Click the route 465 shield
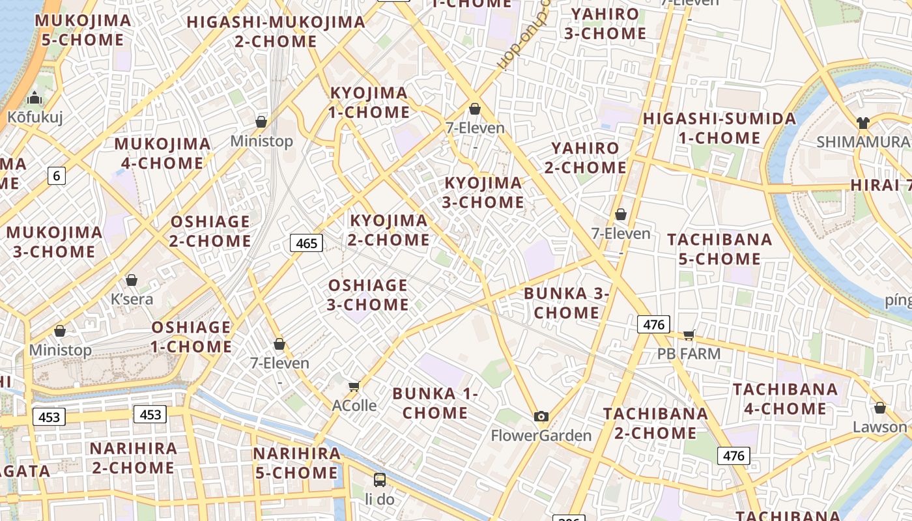click(306, 244)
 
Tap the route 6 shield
click(57, 175)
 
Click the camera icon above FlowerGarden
click(541, 417)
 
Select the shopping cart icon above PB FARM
click(689, 335)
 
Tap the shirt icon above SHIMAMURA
click(862, 123)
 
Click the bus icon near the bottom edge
click(380, 481)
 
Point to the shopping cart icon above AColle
click(354, 387)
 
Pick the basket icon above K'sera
click(132, 280)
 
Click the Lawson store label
click(879, 427)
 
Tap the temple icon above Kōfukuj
click(35, 99)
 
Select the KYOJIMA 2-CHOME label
click(389, 230)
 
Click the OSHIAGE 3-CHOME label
click(368, 294)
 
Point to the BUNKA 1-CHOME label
click(435, 403)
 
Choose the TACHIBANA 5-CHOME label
click(719, 249)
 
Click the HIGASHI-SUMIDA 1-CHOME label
click(719, 128)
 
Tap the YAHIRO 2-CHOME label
click(585, 158)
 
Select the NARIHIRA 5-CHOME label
click(296, 463)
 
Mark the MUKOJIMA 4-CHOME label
click(162, 153)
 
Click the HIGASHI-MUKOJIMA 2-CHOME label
click(276, 31)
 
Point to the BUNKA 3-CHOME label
click(566, 303)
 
